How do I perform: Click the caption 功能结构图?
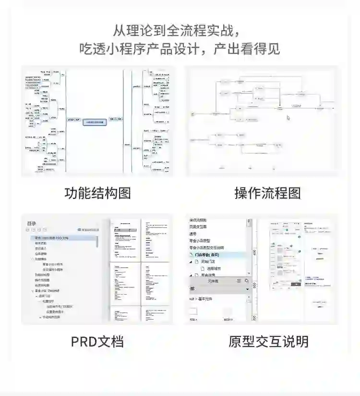click(97, 193)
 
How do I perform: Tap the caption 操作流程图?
click(267, 193)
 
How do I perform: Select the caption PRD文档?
click(97, 342)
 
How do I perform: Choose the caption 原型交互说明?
click(268, 342)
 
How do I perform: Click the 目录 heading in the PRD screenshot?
click(32, 223)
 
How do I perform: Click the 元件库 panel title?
click(214, 281)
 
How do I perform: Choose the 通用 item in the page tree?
click(193, 233)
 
